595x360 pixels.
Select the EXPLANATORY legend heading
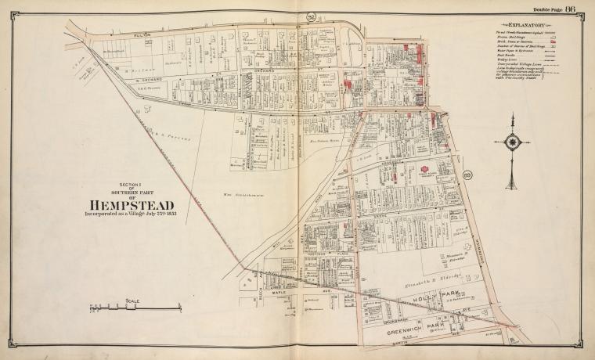(517, 25)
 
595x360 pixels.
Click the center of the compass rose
(513, 142)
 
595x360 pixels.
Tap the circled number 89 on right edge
(467, 175)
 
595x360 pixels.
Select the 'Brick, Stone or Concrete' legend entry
(506, 43)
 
